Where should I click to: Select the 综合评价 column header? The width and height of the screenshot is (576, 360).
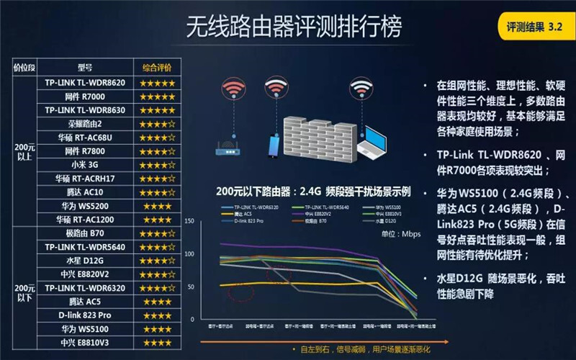(158, 68)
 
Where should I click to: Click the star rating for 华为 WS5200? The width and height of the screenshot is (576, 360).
(158, 205)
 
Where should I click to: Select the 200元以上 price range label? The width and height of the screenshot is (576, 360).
(23, 150)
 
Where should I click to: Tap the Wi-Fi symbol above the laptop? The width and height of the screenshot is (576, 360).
(361, 90)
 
